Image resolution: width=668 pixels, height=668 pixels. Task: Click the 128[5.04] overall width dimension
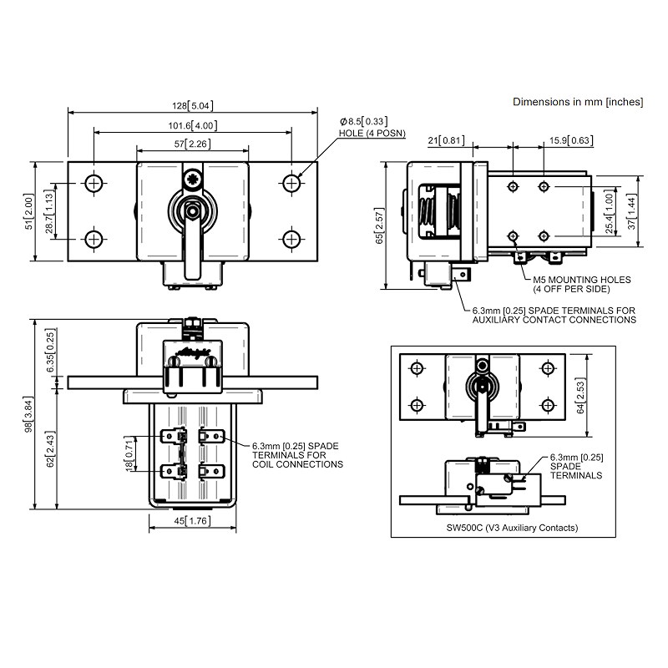click(191, 106)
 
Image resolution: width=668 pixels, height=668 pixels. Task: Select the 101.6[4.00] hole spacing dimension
click(192, 125)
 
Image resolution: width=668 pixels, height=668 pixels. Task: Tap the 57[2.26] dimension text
click(192, 144)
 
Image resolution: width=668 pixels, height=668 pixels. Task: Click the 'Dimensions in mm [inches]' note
click(577, 102)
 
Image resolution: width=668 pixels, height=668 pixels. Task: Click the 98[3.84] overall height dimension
click(28, 415)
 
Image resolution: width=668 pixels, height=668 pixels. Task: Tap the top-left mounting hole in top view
click(94, 183)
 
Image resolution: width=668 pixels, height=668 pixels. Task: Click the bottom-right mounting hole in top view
click(291, 239)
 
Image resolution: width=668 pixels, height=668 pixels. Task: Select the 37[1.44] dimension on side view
click(633, 212)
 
